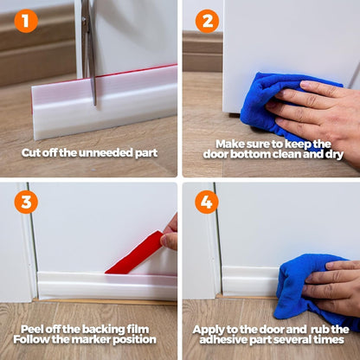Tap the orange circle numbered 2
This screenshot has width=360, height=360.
207,20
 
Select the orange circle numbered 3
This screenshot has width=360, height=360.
25,201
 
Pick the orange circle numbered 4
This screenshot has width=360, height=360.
207,201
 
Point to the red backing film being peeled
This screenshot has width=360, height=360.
134,254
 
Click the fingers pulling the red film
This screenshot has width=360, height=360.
170,234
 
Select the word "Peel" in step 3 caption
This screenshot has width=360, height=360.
35,330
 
